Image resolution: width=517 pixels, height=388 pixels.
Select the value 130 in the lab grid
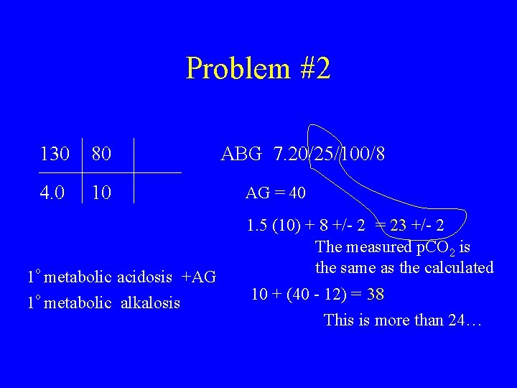pyautogui.click(x=55, y=154)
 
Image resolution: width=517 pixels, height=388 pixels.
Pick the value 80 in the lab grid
pyautogui.click(x=101, y=154)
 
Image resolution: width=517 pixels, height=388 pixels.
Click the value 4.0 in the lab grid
pyautogui.click(x=52, y=193)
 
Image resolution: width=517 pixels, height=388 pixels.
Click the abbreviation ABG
pyautogui.click(x=242, y=154)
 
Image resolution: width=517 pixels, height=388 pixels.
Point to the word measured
pyautogui.click(x=382, y=247)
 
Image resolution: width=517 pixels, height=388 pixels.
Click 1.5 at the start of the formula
pyautogui.click(x=256, y=226)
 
